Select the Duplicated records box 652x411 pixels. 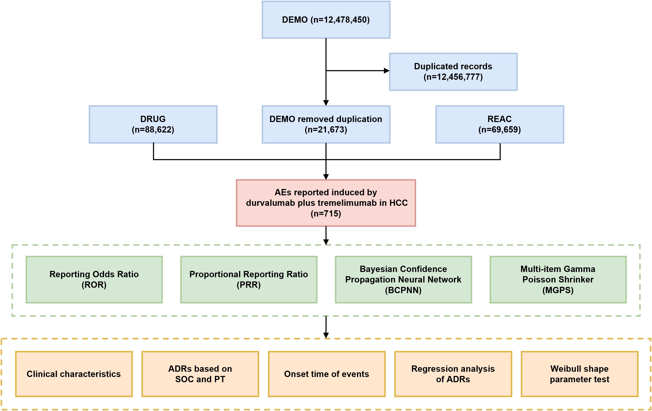pos(453,72)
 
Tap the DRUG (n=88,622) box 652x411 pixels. pos(153,124)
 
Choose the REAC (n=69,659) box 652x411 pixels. pos(500,124)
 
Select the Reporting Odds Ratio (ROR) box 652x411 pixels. pos(94,279)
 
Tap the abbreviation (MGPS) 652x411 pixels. pos(558,290)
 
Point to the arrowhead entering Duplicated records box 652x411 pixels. pos(387,71)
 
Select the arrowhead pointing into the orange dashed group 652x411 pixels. pos(326,335)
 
